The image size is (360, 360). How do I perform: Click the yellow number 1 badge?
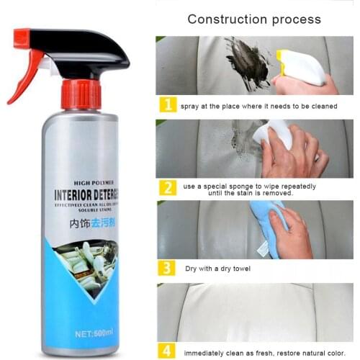click(x=167, y=105)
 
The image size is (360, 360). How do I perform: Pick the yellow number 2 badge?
click(x=167, y=188)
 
